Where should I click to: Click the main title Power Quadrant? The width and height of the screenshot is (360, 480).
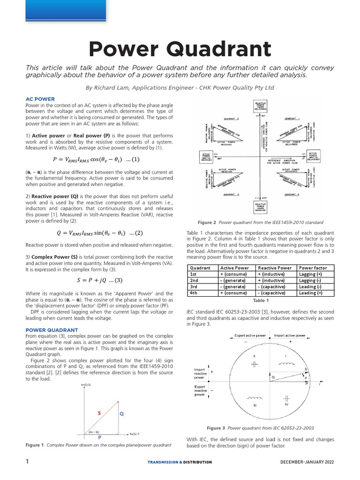point(180,49)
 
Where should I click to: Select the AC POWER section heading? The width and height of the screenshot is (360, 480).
point(40,99)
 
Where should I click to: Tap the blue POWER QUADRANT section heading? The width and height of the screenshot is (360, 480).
point(52,330)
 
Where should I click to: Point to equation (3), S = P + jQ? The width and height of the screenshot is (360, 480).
point(99,280)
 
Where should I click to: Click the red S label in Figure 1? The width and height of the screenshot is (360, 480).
point(99,413)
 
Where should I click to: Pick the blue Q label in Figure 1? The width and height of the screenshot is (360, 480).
point(122,414)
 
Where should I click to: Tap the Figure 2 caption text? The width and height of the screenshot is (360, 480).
point(261,222)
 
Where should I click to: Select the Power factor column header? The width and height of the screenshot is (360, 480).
point(313,268)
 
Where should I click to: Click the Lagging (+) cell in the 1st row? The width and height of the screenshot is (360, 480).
point(311,274)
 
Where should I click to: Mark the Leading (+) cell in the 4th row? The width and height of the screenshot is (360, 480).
point(311,293)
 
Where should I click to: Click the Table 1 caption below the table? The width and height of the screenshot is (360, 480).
point(261,300)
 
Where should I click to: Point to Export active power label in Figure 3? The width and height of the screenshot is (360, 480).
point(250,336)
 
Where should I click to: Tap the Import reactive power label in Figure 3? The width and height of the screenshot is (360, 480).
point(200,373)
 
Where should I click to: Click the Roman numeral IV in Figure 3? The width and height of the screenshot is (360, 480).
point(286,404)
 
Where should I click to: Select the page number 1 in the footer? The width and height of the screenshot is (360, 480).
point(27,462)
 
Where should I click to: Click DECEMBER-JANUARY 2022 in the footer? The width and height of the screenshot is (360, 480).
point(307,462)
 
